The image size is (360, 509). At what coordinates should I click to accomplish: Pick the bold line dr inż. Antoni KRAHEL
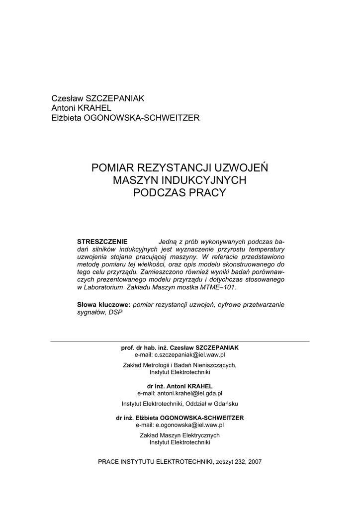pyautogui.click(x=180, y=386)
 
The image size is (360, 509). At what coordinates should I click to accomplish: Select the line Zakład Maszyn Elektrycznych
pyautogui.click(x=180, y=435)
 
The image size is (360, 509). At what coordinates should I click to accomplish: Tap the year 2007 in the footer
pyautogui.click(x=253, y=461)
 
